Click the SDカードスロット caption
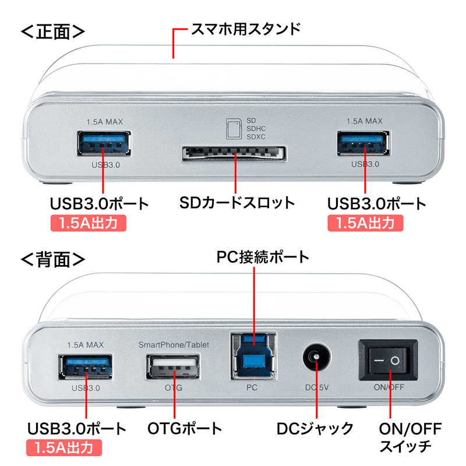236,203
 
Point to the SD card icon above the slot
233,128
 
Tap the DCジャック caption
315,429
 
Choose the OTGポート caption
184,429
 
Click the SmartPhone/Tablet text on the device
173,345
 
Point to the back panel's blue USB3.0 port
86,369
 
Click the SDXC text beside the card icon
256,137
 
